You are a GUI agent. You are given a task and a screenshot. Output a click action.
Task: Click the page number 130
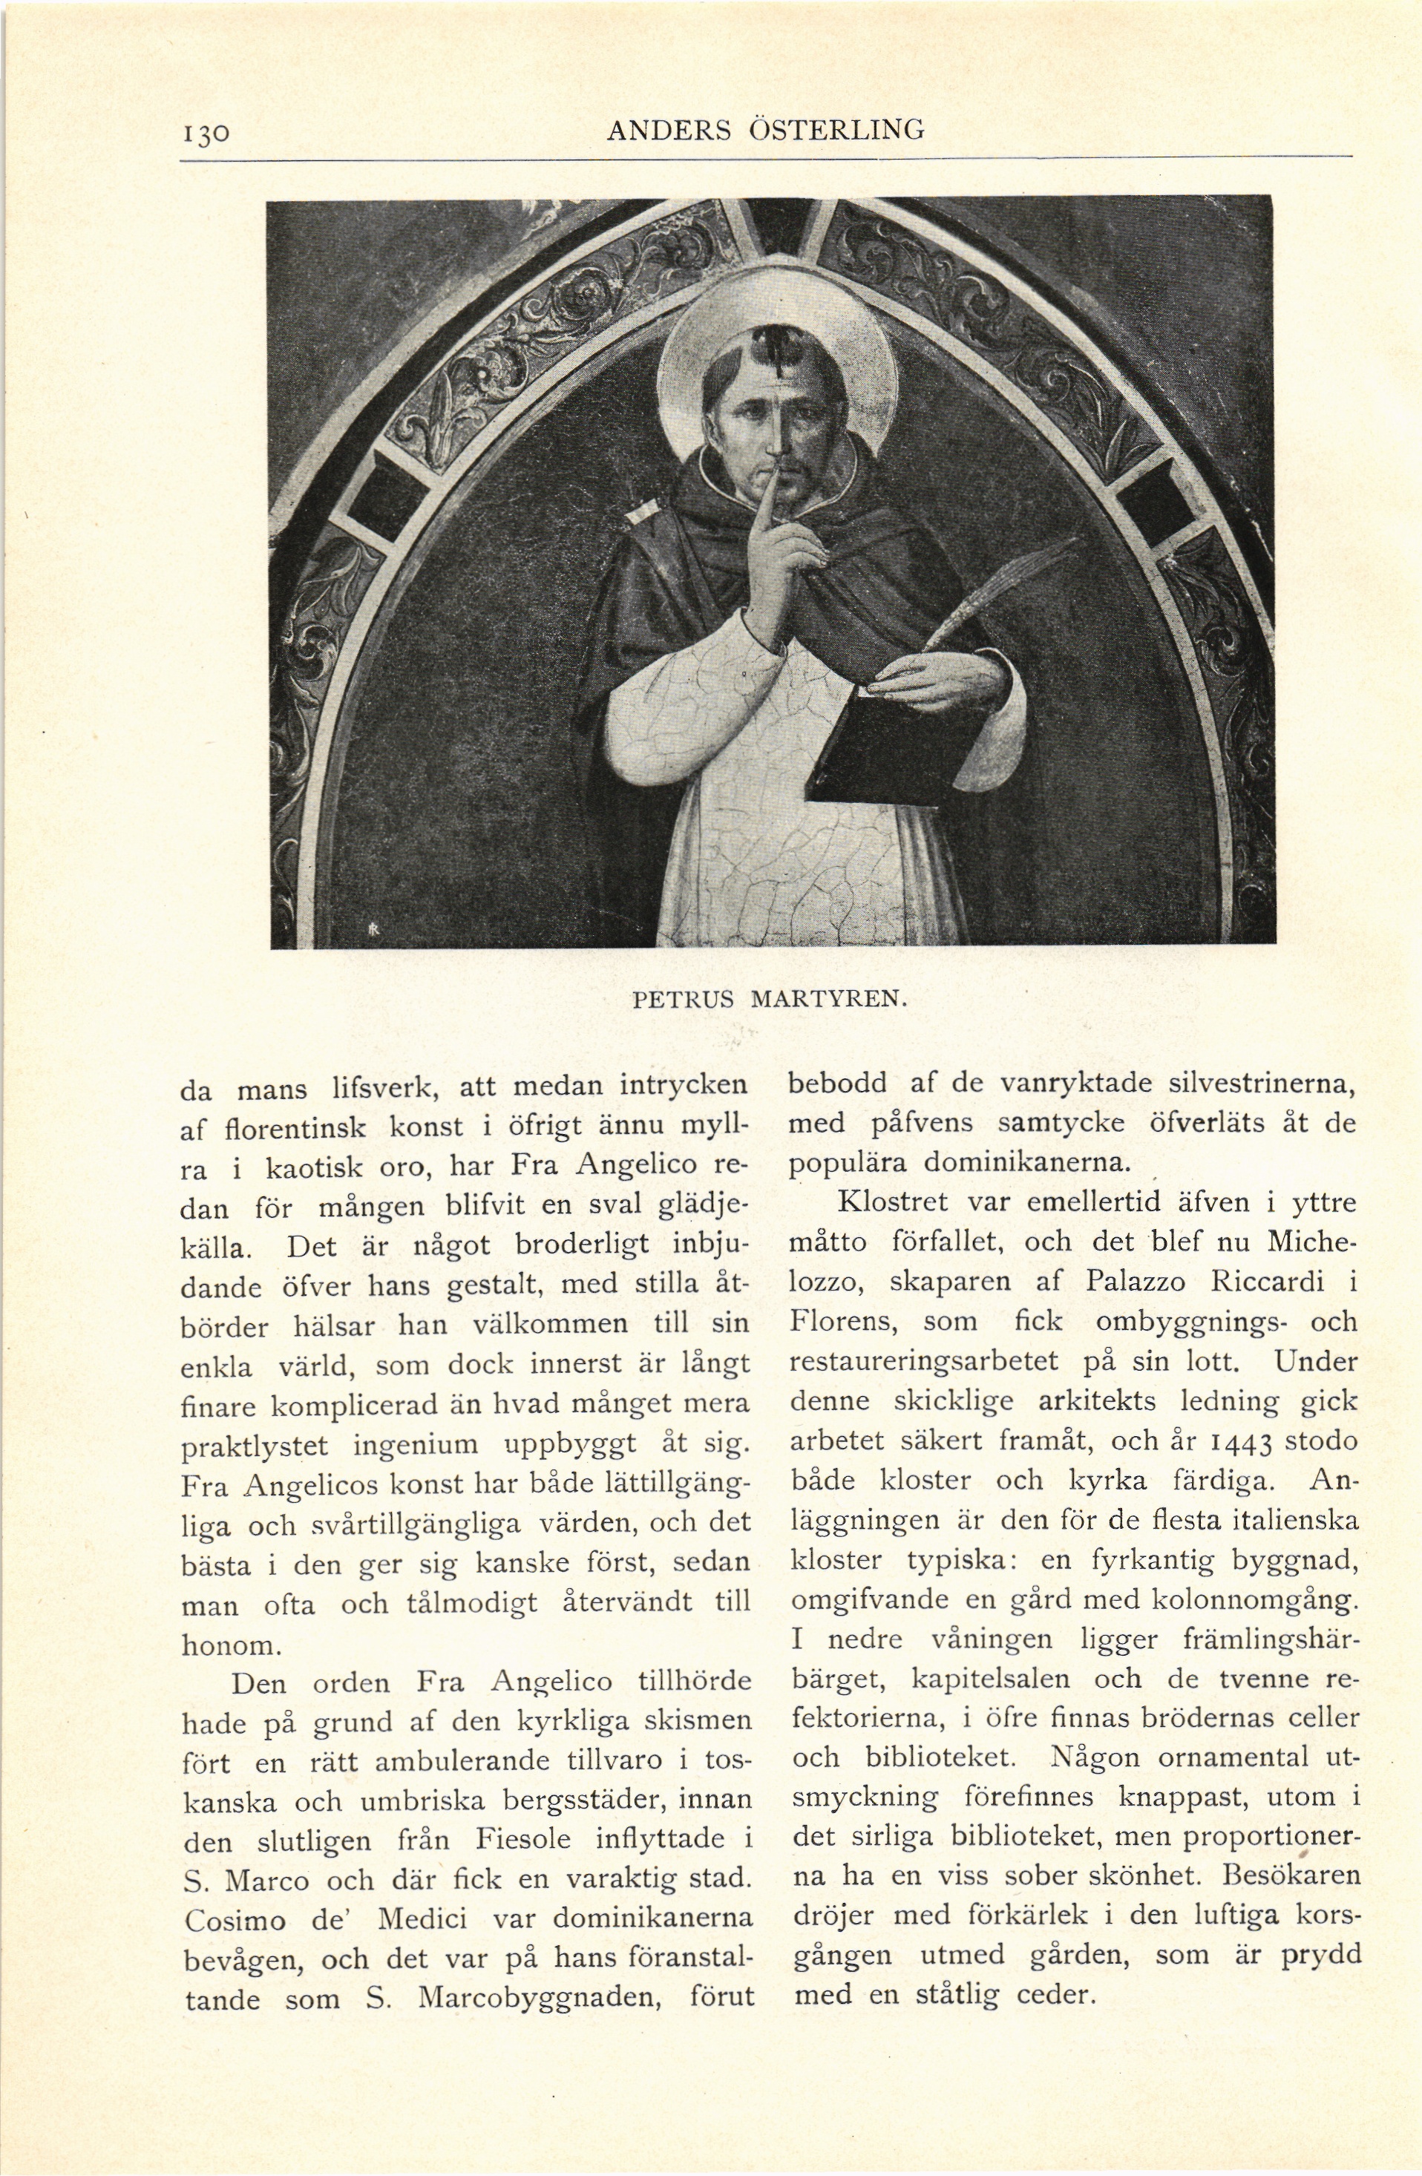pos(209,134)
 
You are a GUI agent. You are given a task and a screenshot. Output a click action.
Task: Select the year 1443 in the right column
pos(1228,1443)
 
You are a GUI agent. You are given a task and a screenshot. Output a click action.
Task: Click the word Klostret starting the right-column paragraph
pos(879,1202)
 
